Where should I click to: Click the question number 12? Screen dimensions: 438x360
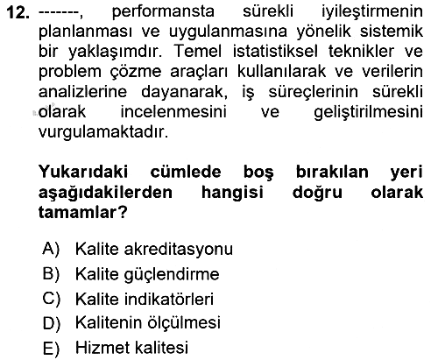(x=18, y=13)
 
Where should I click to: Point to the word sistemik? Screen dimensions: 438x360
(x=392, y=32)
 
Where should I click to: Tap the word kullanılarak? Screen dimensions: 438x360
(x=281, y=71)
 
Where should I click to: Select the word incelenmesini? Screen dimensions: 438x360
(x=173, y=112)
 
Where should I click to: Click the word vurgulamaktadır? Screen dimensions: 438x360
(x=103, y=132)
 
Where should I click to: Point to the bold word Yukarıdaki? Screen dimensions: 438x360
(x=83, y=172)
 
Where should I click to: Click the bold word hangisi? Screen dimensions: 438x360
(x=232, y=193)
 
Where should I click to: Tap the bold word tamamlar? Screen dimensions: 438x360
(x=83, y=212)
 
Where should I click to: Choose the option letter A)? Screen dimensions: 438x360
(x=51, y=249)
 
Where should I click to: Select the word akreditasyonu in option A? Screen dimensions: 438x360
(x=179, y=250)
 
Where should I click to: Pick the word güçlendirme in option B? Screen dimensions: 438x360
(x=172, y=274)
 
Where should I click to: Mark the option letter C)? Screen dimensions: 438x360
(x=51, y=300)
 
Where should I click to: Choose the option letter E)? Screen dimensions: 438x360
(x=51, y=349)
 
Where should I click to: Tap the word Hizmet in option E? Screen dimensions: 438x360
(x=99, y=348)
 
